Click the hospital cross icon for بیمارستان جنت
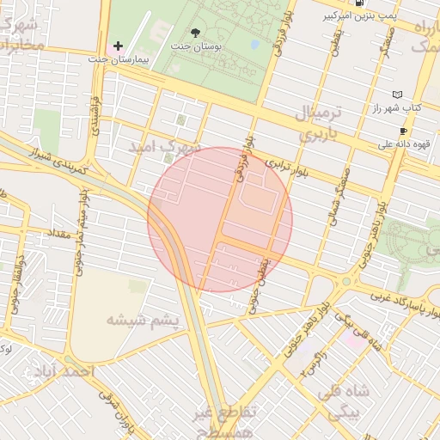click(x=119, y=46)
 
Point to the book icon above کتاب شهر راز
click(x=396, y=95)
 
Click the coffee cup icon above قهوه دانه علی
click(x=403, y=131)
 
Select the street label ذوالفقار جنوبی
click(x=16, y=284)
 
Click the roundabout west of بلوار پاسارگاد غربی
click(x=346, y=281)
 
